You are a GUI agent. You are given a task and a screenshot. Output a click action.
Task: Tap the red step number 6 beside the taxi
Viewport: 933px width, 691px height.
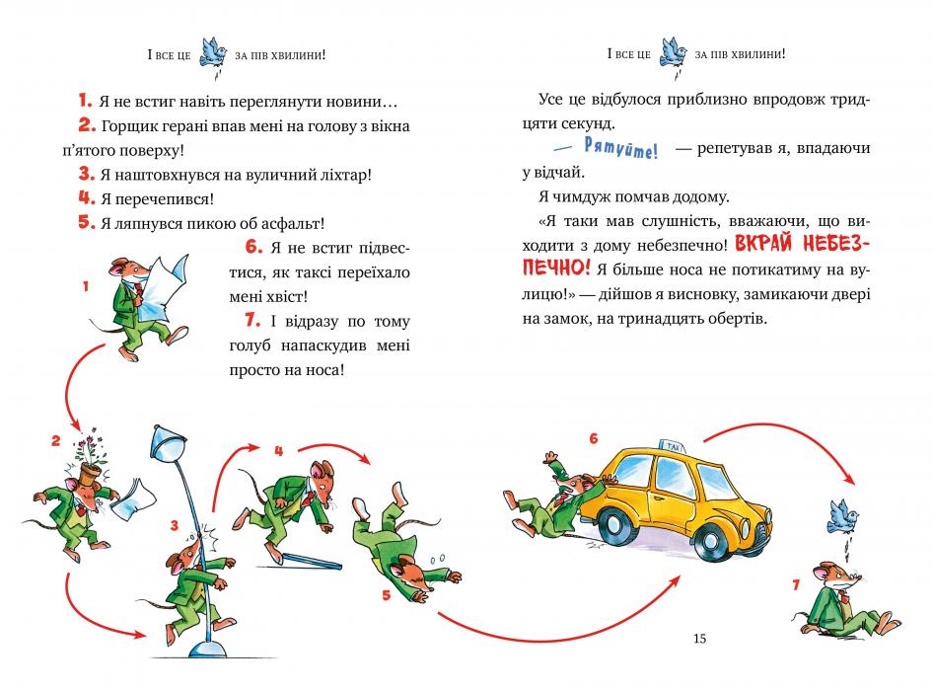[x=593, y=438]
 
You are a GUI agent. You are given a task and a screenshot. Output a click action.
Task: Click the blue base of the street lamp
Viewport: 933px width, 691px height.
[x=212, y=648]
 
